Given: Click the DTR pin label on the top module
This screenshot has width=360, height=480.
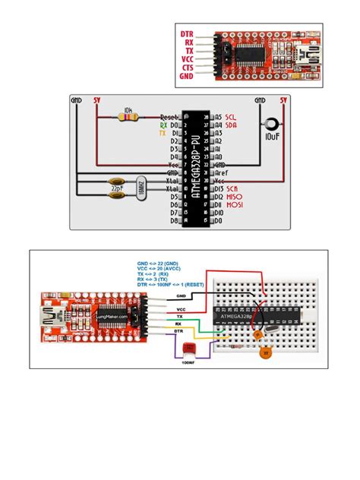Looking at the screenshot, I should [x=186, y=34].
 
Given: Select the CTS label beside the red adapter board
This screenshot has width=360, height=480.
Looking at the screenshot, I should [x=187, y=67].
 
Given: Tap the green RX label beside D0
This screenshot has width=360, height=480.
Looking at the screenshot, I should [x=163, y=125].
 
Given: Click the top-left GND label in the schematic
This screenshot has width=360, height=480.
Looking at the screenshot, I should [x=77, y=99].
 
